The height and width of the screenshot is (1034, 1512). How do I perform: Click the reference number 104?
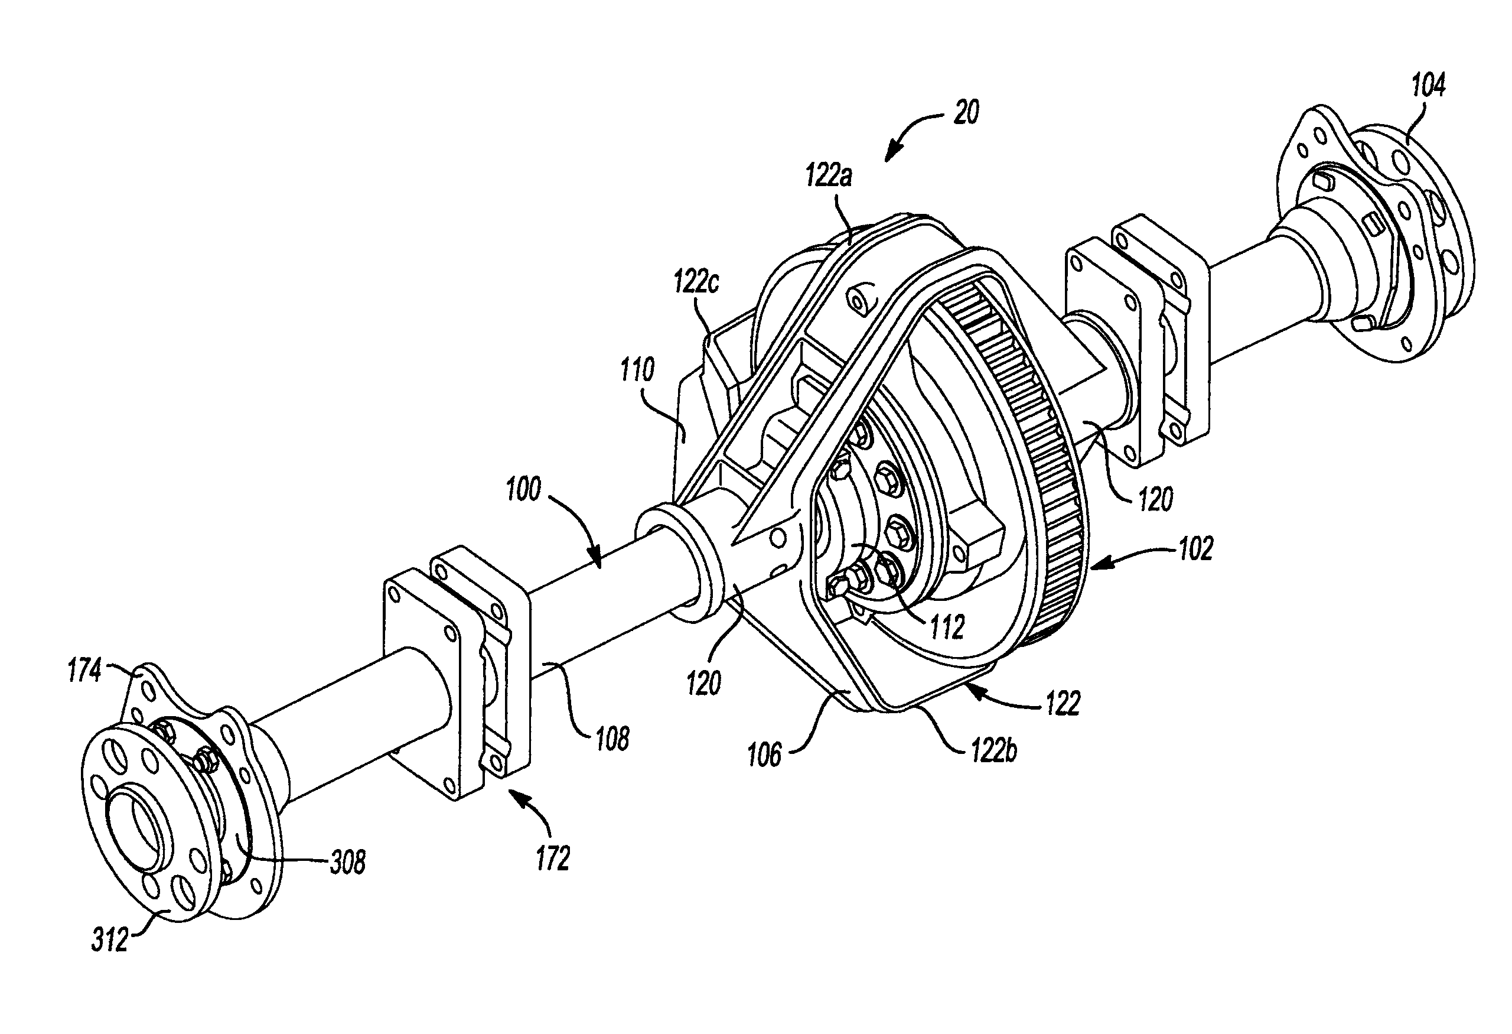(x=1428, y=86)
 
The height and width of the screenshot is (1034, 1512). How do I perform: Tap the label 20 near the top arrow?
(x=966, y=113)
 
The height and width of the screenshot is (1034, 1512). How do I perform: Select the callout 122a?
(x=827, y=175)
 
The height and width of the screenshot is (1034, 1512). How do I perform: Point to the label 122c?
(x=696, y=283)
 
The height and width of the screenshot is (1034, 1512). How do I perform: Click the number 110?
(x=636, y=371)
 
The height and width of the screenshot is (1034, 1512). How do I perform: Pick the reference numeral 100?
(x=523, y=489)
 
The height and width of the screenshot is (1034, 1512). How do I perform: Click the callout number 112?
(x=946, y=627)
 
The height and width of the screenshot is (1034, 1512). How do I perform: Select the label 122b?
(x=993, y=752)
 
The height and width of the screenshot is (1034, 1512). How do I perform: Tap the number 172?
(x=552, y=859)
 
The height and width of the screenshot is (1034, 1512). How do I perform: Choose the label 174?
(x=84, y=671)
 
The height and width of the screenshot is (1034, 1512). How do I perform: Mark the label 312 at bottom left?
(x=109, y=942)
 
